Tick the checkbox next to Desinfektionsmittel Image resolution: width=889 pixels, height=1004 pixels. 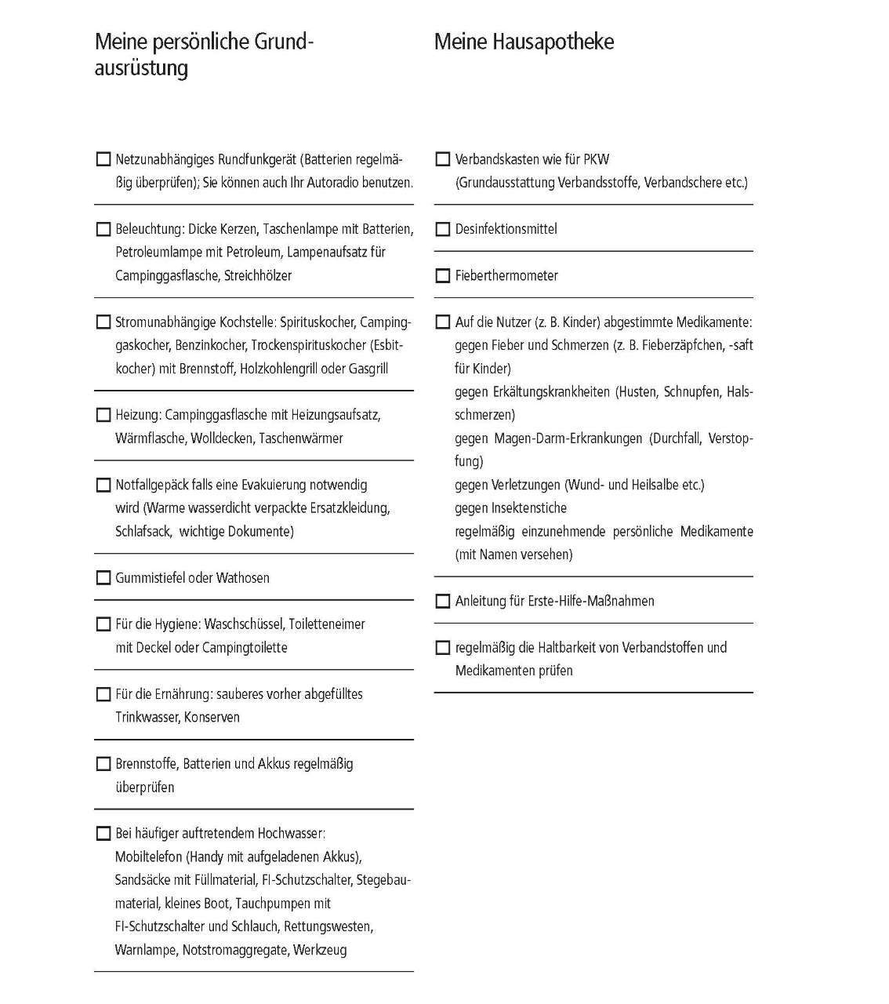pyautogui.click(x=442, y=229)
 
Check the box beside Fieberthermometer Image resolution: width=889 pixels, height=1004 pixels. pyautogui.click(x=442, y=275)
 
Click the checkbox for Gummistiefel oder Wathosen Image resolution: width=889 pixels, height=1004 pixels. pyautogui.click(x=103, y=578)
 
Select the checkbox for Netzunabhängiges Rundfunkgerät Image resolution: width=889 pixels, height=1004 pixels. pyautogui.click(x=103, y=159)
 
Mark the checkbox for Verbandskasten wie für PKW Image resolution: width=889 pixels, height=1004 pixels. pyautogui.click(x=442, y=159)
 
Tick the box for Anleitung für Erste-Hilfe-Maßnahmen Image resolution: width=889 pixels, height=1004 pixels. pyautogui.click(x=442, y=601)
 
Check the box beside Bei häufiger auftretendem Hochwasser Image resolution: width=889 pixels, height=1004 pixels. pyautogui.click(x=103, y=833)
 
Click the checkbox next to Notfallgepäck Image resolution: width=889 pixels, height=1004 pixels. pyautogui.click(x=103, y=485)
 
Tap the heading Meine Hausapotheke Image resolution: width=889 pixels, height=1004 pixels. pyautogui.click(x=524, y=42)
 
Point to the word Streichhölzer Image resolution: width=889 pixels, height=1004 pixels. pyautogui.click(x=258, y=275)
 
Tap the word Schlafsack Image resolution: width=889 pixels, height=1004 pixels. pyautogui.click(x=143, y=531)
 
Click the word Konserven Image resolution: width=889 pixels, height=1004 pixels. pyautogui.click(x=212, y=717)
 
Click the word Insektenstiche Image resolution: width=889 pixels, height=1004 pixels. pyautogui.click(x=529, y=508)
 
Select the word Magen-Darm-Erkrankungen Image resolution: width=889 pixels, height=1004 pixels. pyautogui.click(x=568, y=438)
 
